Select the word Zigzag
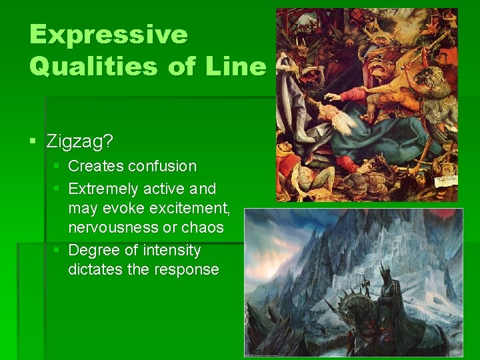click(x=79, y=141)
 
